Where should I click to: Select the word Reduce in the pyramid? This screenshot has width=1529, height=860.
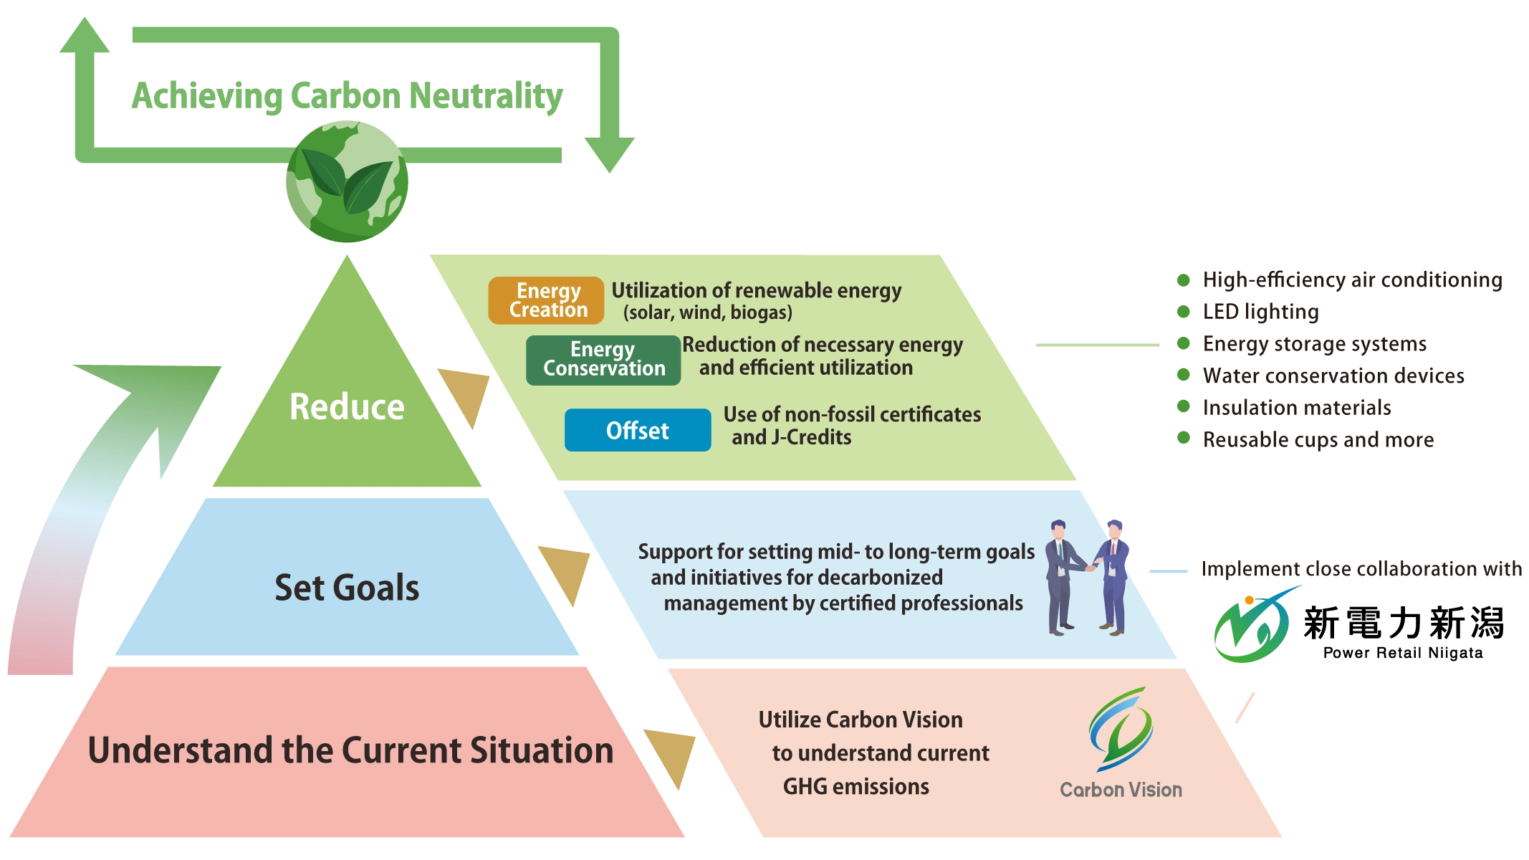pos(347,407)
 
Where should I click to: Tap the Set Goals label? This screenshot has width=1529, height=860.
pos(347,588)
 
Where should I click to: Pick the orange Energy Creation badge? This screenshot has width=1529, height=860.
pos(547,300)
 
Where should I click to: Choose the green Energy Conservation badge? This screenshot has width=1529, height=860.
pos(603,360)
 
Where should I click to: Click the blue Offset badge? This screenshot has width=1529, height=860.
pos(637,430)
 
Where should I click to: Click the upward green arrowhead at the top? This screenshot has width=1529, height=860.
pos(85,36)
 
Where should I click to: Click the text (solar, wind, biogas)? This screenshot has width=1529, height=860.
pos(707,313)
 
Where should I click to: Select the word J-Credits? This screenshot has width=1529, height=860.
pos(811,437)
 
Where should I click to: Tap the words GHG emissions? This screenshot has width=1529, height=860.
pos(855,787)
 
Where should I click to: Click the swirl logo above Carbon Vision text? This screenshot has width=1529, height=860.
pos(1119,727)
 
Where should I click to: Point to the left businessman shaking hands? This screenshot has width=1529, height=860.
pos(1060,577)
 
